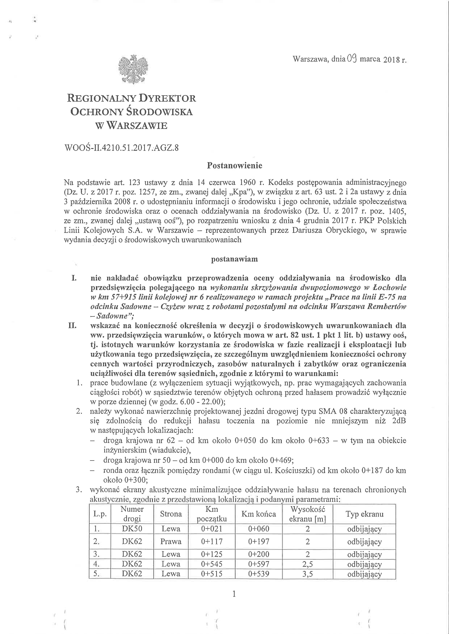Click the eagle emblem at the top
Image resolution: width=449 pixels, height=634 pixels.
tap(133, 69)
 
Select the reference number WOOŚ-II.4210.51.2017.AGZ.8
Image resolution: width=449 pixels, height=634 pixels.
tap(121, 148)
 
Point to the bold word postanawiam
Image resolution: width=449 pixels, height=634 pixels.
tap(234, 259)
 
